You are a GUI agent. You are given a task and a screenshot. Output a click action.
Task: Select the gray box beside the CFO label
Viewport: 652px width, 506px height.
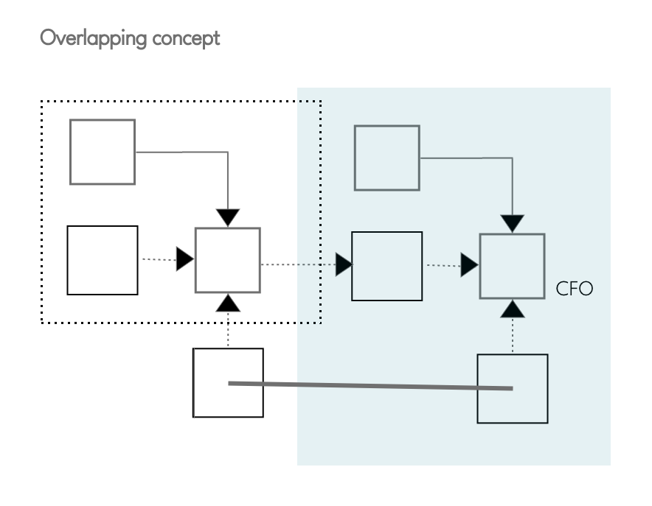tap(512, 266)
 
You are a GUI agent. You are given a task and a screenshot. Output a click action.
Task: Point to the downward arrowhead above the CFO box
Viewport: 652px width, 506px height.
tap(512, 223)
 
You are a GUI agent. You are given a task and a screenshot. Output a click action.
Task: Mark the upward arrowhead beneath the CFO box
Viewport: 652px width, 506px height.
tap(512, 309)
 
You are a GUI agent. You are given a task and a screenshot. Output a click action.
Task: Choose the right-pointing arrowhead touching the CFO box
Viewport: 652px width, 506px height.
tap(470, 265)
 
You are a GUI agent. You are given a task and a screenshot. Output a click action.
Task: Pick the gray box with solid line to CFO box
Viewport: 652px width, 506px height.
tap(386, 158)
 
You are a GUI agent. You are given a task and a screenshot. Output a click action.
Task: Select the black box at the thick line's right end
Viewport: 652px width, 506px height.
tap(512, 388)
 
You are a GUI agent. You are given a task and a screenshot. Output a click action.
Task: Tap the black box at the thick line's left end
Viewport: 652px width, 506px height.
tap(228, 383)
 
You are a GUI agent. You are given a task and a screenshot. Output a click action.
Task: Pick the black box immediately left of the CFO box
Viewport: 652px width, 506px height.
tap(386, 266)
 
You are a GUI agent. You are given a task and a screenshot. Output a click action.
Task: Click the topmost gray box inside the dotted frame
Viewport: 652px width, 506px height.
tap(103, 152)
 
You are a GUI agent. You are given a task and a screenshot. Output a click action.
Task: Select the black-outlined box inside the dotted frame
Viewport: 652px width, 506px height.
tap(103, 260)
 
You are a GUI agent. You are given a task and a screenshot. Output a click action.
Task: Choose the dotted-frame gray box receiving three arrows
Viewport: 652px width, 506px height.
tap(227, 260)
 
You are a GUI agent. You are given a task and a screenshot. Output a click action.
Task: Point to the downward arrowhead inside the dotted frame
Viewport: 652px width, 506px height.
tap(228, 217)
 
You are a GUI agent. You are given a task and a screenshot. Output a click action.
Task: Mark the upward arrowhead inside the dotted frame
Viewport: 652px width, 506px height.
tap(228, 301)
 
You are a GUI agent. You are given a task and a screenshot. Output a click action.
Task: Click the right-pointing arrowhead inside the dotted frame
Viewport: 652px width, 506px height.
tap(184, 259)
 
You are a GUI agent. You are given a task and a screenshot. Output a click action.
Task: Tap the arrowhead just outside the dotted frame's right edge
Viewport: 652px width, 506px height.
tap(344, 264)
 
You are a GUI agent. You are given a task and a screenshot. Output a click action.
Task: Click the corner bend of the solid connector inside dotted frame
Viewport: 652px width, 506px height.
tap(228, 152)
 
